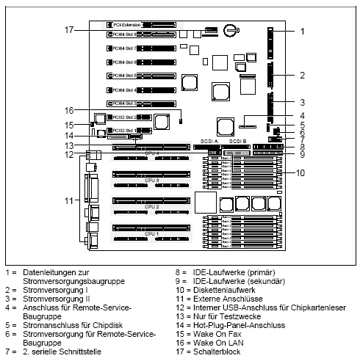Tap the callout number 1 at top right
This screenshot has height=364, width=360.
302,32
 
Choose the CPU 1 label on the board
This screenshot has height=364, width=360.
151,233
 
